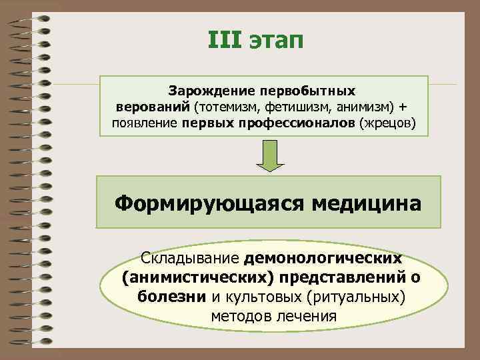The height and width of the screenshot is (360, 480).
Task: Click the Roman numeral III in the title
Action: pos(226,40)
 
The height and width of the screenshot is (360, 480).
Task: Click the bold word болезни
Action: pos(173,295)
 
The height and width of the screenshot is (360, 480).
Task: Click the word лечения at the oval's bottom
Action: pos(305,315)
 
